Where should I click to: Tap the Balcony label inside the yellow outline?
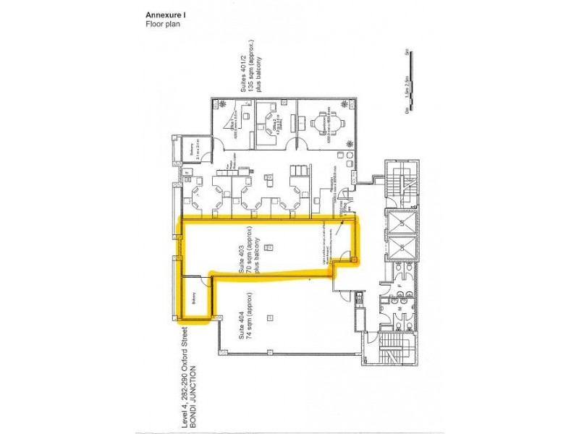coord(195,299)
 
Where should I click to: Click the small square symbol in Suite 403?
coord(269,247)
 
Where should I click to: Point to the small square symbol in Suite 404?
coord(270,316)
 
